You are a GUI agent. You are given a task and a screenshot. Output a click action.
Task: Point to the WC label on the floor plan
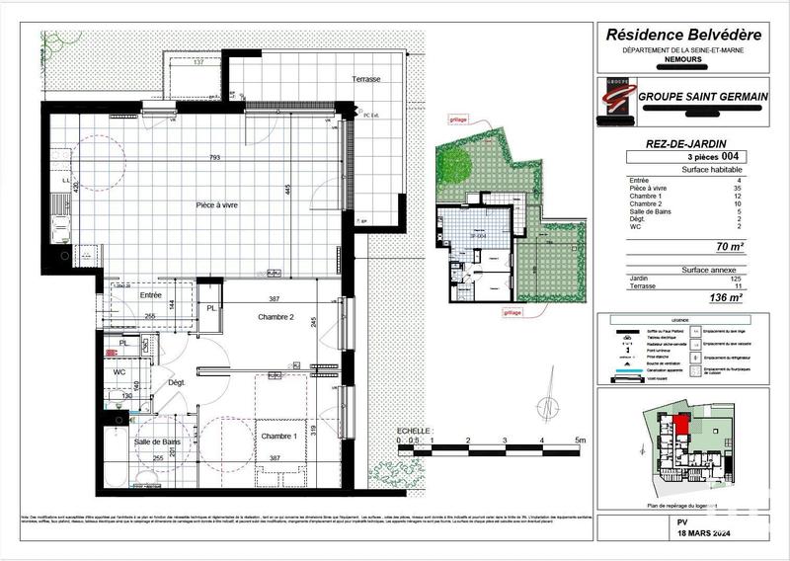(x=118, y=372)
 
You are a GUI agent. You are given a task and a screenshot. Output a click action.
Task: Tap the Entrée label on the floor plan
(x=150, y=294)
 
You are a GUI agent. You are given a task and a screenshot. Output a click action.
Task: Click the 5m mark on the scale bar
(x=581, y=440)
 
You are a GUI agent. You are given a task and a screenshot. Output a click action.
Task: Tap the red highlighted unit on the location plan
(x=680, y=429)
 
